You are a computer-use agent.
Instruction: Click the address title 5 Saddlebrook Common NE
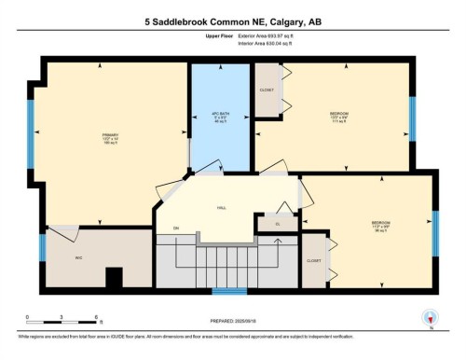(x=232, y=20)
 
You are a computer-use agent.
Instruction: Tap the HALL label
(x=222, y=207)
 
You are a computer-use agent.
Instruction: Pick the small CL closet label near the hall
(x=277, y=225)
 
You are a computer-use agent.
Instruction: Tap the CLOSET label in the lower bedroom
(x=313, y=260)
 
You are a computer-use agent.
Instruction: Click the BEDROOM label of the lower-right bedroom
(x=381, y=223)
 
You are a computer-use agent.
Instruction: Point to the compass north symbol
(x=430, y=317)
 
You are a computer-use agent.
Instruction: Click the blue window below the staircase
(x=223, y=292)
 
